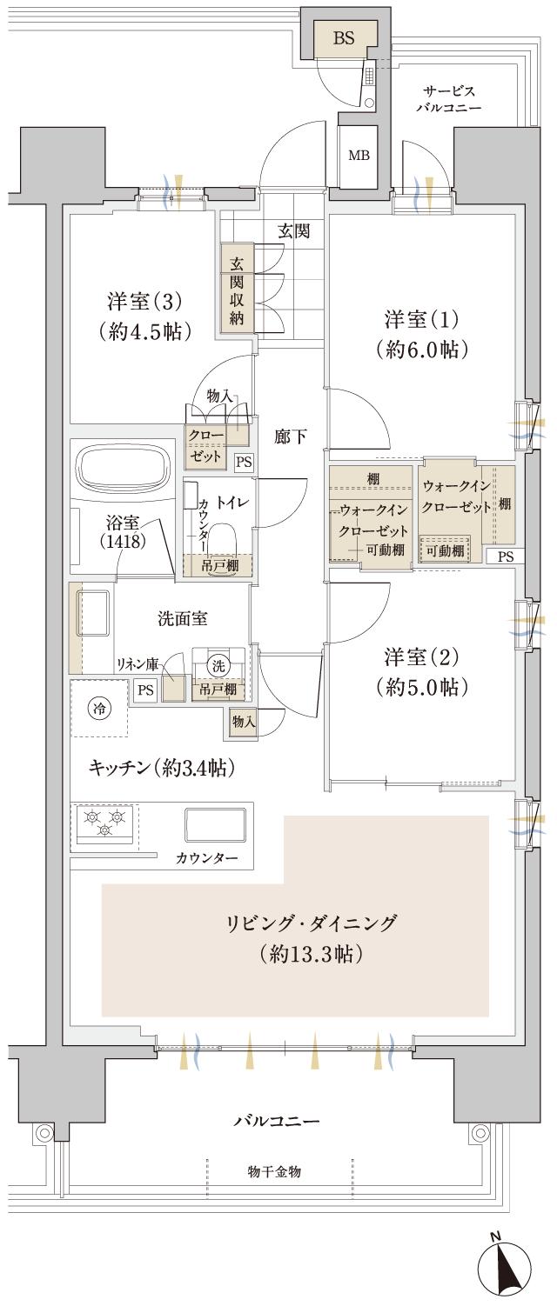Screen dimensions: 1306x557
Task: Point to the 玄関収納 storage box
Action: point(236,292)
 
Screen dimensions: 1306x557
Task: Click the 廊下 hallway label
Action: point(290,436)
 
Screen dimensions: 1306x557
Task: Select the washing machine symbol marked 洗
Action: point(218,665)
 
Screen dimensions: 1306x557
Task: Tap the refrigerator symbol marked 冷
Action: point(100,708)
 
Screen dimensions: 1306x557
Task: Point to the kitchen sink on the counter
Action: point(215,823)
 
